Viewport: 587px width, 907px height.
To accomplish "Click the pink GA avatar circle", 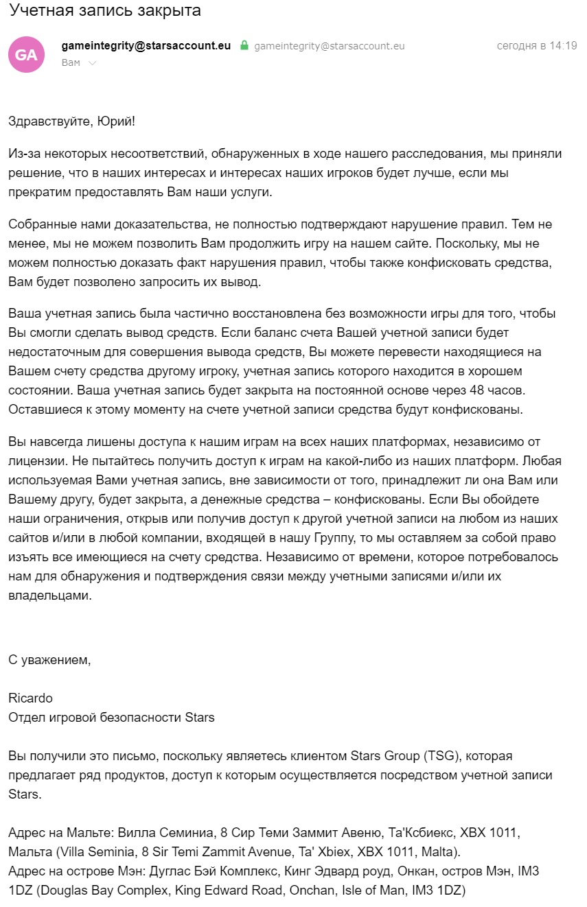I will pos(26,54).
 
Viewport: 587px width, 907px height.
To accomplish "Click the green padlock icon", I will pos(244,46).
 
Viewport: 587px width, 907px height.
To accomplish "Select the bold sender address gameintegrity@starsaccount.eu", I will pos(146,46).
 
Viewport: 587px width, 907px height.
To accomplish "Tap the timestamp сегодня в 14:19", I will pos(536,46).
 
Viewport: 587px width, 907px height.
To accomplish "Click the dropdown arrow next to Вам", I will pos(93,63).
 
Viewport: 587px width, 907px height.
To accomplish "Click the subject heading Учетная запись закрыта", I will pos(105,12).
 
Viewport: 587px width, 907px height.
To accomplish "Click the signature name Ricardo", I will pos(30,698).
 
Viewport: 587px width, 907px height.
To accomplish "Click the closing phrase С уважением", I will pos(49,660).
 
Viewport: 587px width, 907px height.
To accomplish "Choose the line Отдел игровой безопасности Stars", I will pos(111,718).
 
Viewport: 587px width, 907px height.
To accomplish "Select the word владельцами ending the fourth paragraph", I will pos(49,596).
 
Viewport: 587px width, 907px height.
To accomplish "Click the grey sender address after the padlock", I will pos(330,46).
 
